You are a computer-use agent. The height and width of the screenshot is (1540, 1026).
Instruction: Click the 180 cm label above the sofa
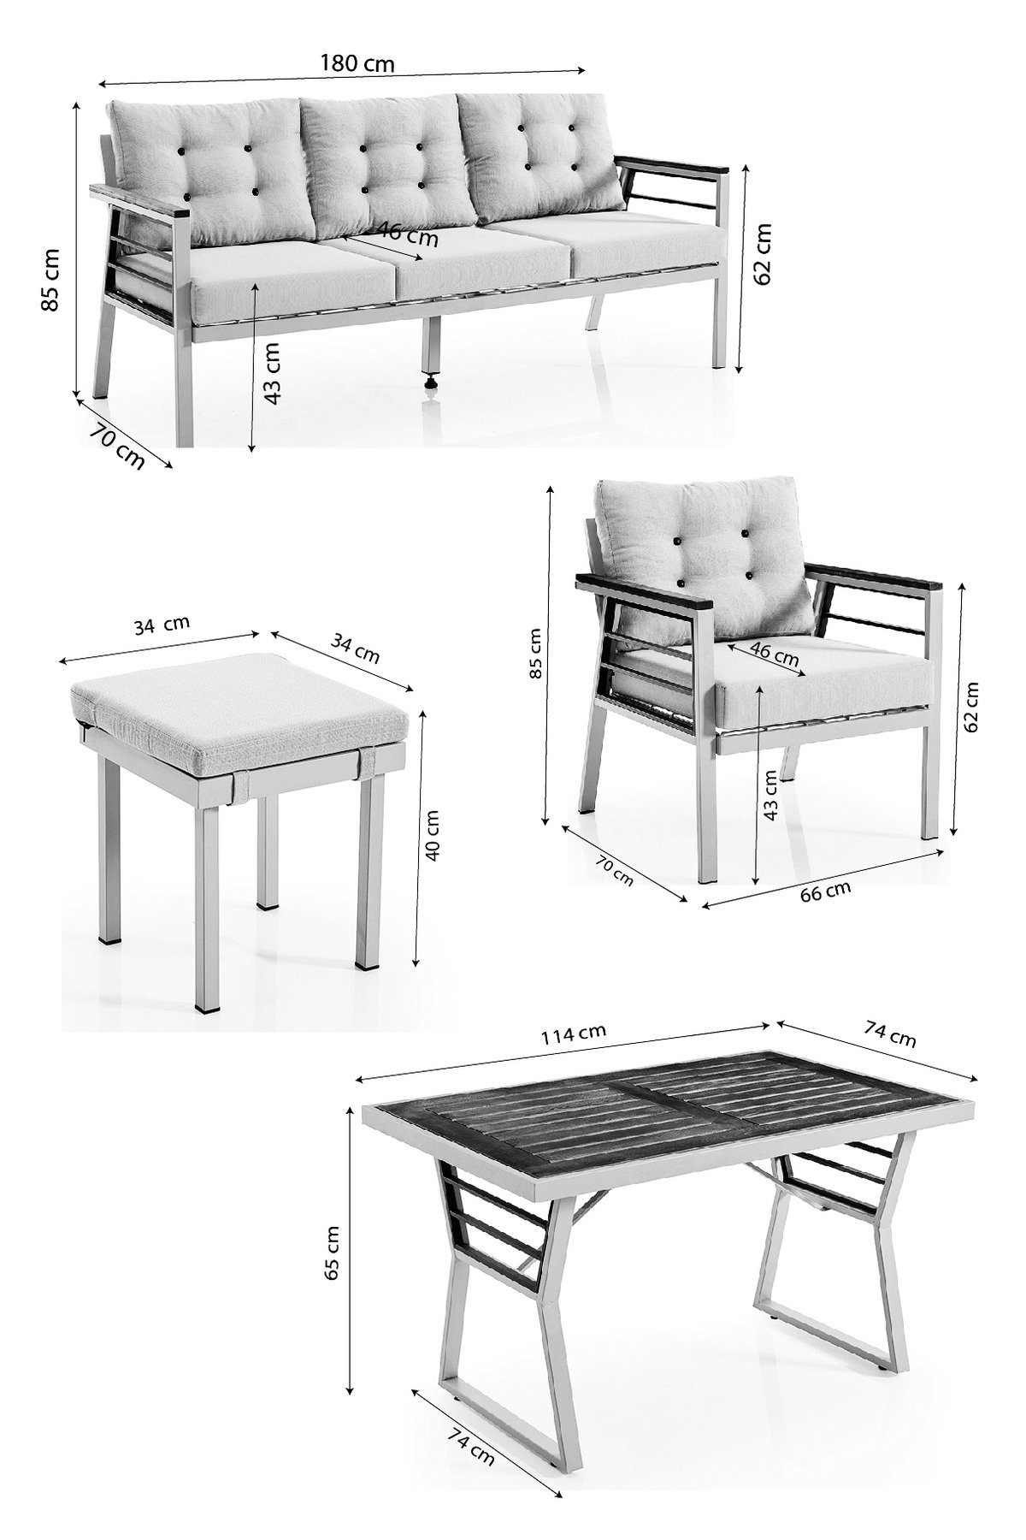click(357, 62)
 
